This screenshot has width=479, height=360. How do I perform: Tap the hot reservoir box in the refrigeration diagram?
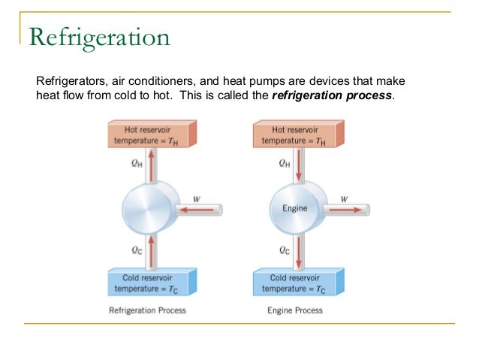point(148,135)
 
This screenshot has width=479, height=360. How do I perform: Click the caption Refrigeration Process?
point(148,310)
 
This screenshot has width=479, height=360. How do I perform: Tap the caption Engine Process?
point(294,310)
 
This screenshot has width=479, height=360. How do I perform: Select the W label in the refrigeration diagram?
point(197,199)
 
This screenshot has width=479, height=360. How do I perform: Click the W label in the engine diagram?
point(344,199)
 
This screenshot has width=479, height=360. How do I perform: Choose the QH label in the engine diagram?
point(284,162)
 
